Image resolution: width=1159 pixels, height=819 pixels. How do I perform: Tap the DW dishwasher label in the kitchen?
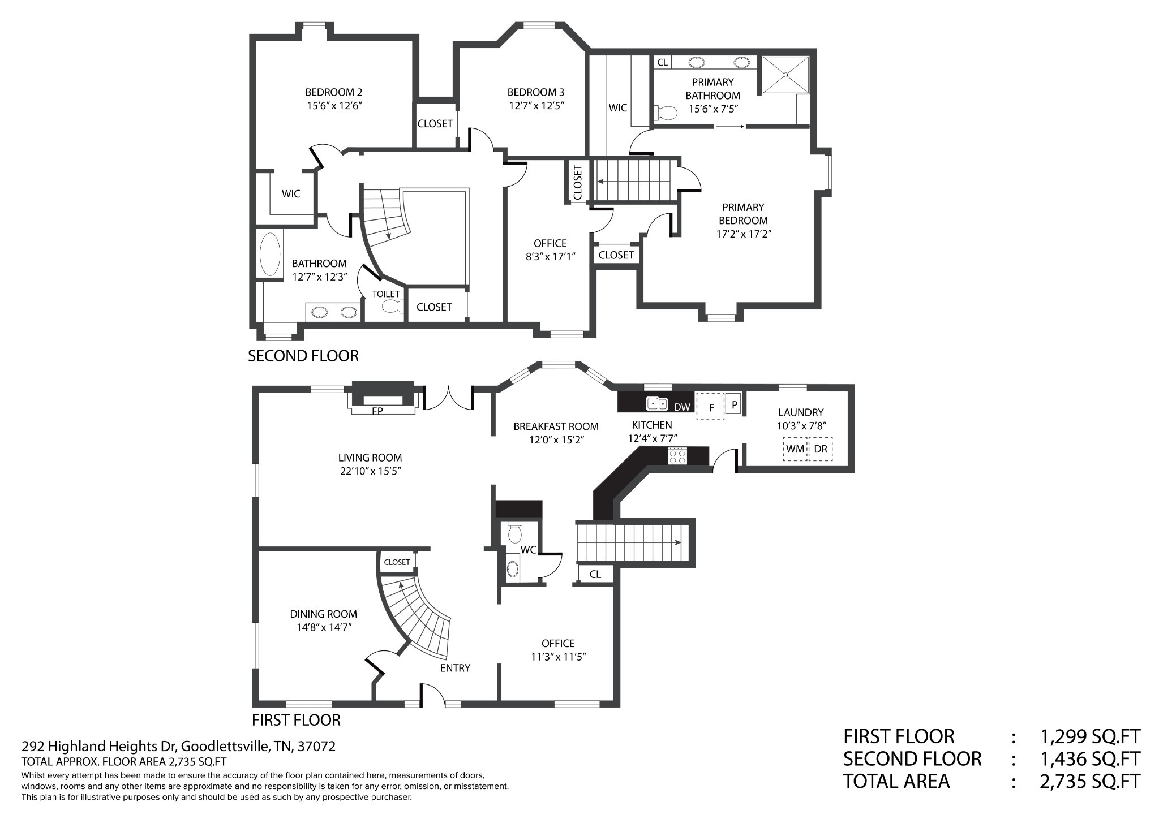pyautogui.click(x=682, y=407)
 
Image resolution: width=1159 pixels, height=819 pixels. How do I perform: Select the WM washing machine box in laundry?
pyautogui.click(x=795, y=449)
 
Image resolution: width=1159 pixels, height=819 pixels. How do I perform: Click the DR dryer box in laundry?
pyautogui.click(x=821, y=449)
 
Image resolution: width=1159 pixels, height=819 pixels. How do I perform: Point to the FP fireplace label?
pyautogui.click(x=377, y=411)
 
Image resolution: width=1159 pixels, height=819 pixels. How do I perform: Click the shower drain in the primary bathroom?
pyautogui.click(x=785, y=75)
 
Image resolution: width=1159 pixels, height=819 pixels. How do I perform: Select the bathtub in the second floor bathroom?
pyautogui.click(x=269, y=254)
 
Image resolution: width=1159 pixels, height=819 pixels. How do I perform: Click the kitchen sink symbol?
pyautogui.click(x=657, y=404)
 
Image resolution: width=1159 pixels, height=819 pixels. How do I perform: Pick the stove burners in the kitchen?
pyautogui.click(x=677, y=456)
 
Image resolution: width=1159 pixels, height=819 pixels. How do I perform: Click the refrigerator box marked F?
pyautogui.click(x=710, y=407)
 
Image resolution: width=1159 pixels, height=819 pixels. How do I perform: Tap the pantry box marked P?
pyautogui.click(x=734, y=404)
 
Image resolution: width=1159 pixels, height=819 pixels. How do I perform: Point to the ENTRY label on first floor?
pyautogui.click(x=455, y=668)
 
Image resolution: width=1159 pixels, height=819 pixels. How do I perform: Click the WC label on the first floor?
pyautogui.click(x=528, y=550)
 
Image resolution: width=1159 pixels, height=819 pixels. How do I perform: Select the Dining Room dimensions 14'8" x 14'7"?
pyautogui.click(x=324, y=627)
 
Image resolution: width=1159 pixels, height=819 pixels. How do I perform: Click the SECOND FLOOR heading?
pyautogui.click(x=303, y=356)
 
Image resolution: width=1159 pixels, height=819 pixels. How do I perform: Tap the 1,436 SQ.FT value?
pyautogui.click(x=1090, y=758)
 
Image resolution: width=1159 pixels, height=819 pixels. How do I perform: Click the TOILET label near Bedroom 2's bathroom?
pyautogui.click(x=386, y=294)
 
